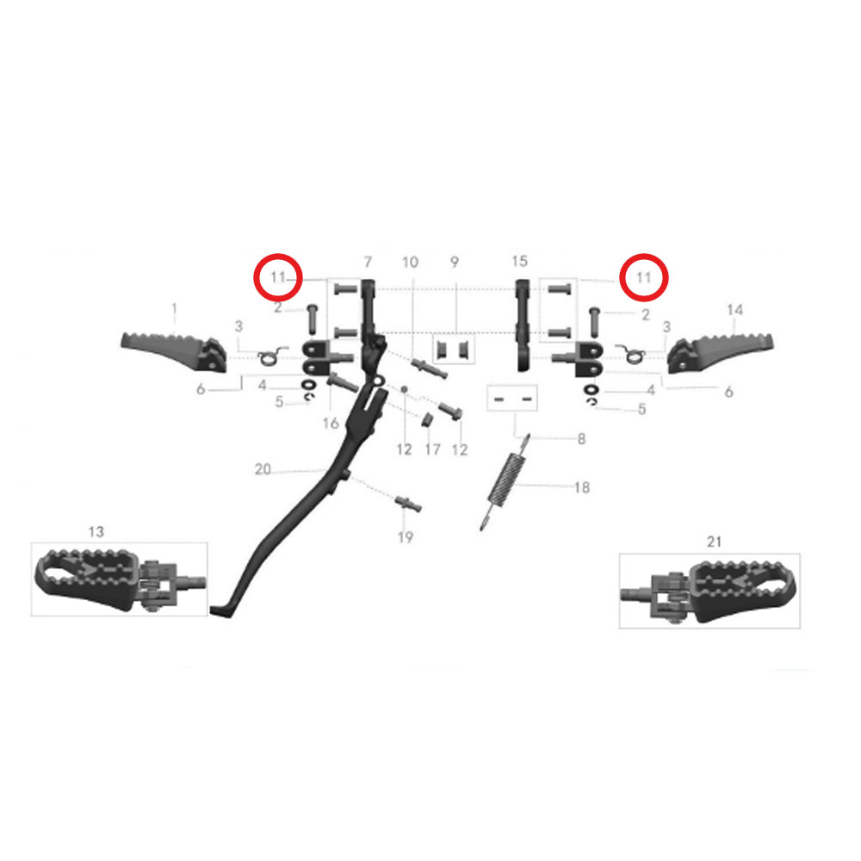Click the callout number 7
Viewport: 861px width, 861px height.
click(368, 262)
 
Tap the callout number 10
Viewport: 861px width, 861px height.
click(410, 263)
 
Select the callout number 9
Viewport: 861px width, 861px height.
click(454, 262)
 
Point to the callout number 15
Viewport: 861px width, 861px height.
click(519, 262)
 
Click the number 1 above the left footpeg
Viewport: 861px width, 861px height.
click(175, 310)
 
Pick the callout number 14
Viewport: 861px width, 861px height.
click(734, 310)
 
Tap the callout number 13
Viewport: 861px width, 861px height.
click(96, 531)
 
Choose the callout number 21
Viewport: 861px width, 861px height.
click(714, 542)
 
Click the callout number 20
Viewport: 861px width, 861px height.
click(263, 469)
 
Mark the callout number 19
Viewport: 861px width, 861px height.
click(406, 537)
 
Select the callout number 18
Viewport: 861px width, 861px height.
click(582, 487)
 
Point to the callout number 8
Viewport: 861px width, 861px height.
click(581, 439)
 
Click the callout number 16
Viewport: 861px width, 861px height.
click(331, 424)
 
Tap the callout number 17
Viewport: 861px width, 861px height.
click(433, 449)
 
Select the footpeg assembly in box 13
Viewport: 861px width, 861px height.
click(121, 579)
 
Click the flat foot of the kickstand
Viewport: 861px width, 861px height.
click(222, 610)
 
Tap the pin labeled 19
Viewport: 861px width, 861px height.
click(408, 503)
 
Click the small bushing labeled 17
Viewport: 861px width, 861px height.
click(427, 420)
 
